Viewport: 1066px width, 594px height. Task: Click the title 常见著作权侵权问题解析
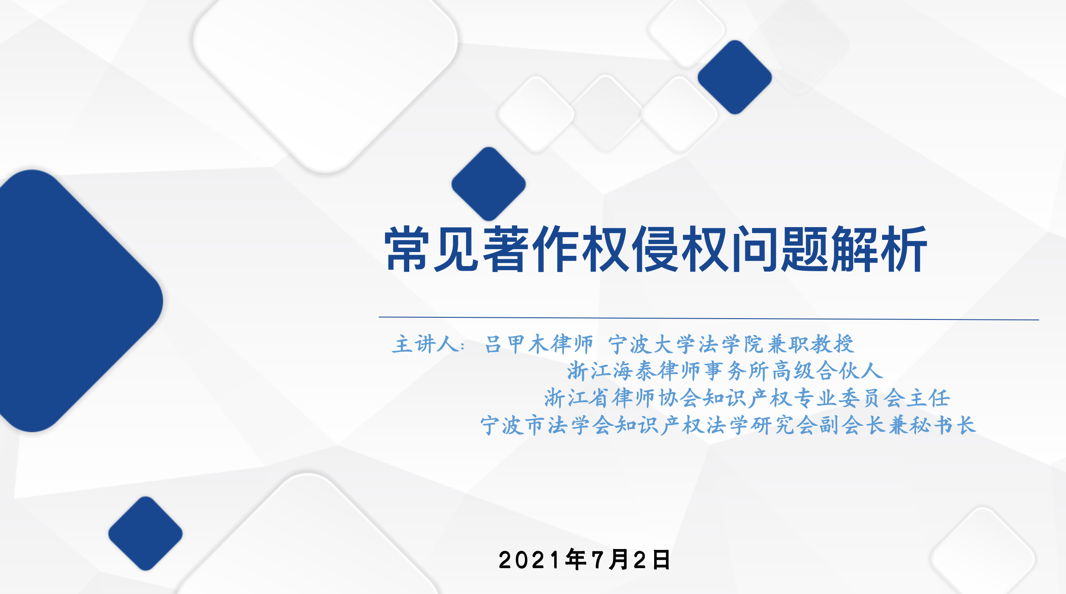coord(656,249)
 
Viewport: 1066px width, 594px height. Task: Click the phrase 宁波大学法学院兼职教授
coord(731,344)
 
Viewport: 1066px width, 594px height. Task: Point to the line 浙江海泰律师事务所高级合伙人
coord(725,371)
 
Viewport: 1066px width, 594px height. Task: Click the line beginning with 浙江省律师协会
coord(747,398)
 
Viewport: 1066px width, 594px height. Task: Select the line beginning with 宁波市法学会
coord(728,425)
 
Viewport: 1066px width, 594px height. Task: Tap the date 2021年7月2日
coord(584,560)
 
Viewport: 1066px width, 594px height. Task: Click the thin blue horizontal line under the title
coord(709,318)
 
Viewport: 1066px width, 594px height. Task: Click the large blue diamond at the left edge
coord(76,301)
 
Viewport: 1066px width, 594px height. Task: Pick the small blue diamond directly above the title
coord(489,184)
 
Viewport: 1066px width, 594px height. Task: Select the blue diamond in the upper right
coord(735,77)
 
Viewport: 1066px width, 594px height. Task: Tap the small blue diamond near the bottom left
coord(145,533)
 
